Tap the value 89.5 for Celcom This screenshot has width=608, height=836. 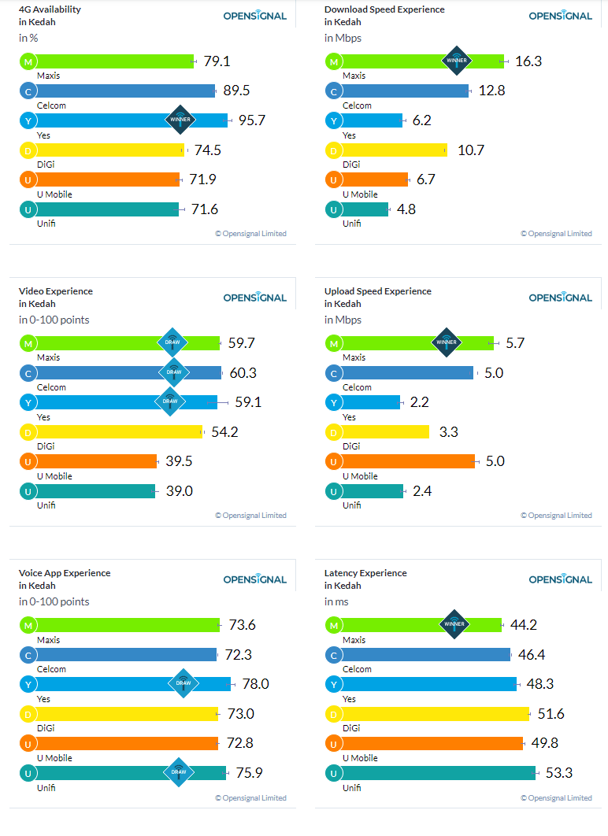tap(236, 91)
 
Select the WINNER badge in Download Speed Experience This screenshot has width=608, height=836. tap(457, 61)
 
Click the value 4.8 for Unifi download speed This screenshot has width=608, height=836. tap(406, 209)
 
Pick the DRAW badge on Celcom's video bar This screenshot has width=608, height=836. tap(174, 372)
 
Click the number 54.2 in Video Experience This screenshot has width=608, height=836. tap(224, 432)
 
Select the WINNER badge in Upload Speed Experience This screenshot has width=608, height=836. tap(447, 342)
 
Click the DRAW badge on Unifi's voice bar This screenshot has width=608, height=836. tap(179, 772)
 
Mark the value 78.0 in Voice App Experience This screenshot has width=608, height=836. tap(255, 684)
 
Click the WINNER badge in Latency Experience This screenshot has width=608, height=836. tap(454, 623)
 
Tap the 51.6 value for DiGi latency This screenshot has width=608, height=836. tap(551, 714)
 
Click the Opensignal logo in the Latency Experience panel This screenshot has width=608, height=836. tap(561, 579)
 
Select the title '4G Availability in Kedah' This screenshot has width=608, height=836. tap(50, 16)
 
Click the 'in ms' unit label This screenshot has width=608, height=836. tap(336, 602)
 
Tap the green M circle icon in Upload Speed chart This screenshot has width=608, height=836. tap(334, 343)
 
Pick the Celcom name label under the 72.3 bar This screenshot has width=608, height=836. tap(51, 669)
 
